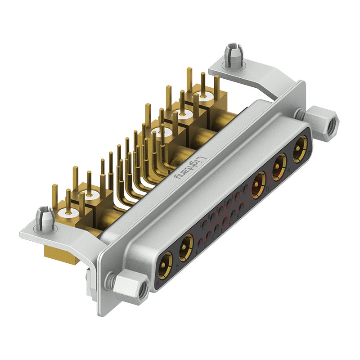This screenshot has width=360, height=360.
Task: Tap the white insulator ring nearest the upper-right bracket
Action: [x=205, y=96]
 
